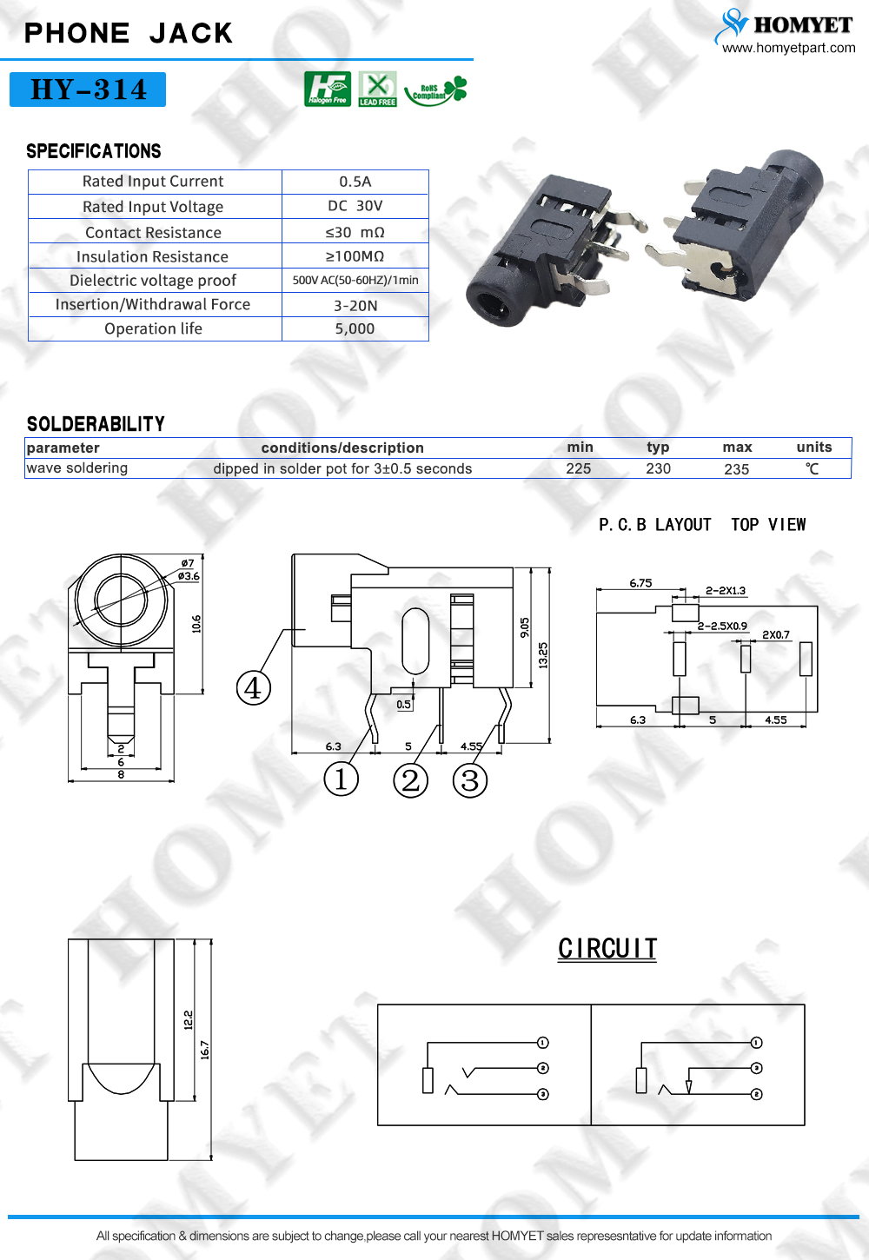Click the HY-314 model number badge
click(x=88, y=90)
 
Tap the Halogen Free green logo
click(x=328, y=89)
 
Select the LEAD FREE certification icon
click(x=377, y=89)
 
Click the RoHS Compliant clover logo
click(x=436, y=90)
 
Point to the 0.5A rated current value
click(x=355, y=182)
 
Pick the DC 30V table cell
click(x=355, y=206)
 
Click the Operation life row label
click(x=153, y=328)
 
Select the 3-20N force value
click(x=355, y=305)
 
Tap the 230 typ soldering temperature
click(x=658, y=468)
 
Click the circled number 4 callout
click(x=253, y=688)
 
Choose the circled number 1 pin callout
click(x=341, y=779)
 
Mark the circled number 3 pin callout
click(x=469, y=780)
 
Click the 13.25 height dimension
click(x=543, y=655)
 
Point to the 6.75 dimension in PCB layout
click(x=640, y=583)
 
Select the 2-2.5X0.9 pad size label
click(x=722, y=626)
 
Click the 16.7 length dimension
click(x=205, y=1051)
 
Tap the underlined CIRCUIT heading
click(x=607, y=949)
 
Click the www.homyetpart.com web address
click(x=788, y=48)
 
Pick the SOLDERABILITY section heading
click(x=96, y=424)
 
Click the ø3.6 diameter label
click(x=189, y=576)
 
